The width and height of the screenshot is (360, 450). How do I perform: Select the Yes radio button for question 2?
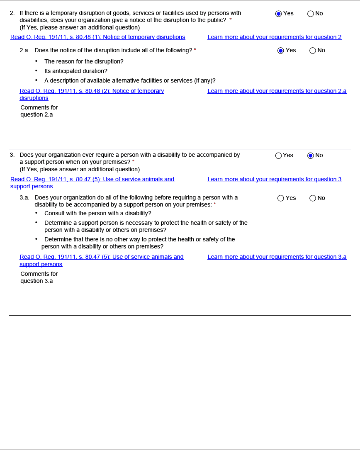pyautogui.click(x=279, y=14)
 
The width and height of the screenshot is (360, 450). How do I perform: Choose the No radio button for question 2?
pyautogui.click(x=311, y=14)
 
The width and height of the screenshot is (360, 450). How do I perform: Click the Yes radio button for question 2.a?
pyautogui.click(x=281, y=50)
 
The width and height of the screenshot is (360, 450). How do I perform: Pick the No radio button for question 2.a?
pyautogui.click(x=313, y=50)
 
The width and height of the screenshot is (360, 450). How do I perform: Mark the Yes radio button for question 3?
pyautogui.click(x=279, y=156)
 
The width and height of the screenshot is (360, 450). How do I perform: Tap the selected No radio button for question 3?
pyautogui.click(x=311, y=156)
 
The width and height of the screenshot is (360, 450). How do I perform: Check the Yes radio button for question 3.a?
pyautogui.click(x=281, y=198)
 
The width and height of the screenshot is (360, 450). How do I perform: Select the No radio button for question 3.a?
pyautogui.click(x=313, y=198)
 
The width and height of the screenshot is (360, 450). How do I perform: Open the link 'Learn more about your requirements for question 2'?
pyautogui.click(x=274, y=37)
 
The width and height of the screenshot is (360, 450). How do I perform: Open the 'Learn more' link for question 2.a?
pyautogui.click(x=277, y=91)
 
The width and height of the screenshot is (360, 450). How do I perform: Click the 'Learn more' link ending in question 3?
pyautogui.click(x=274, y=179)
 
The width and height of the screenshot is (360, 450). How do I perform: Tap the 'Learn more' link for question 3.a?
pyautogui.click(x=277, y=257)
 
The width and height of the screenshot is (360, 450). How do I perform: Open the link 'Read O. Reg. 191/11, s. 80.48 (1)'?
pyautogui.click(x=98, y=37)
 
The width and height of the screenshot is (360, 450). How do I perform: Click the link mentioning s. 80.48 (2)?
pyautogui.click(x=92, y=91)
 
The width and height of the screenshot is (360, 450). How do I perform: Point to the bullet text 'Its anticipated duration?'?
pyautogui.click(x=76, y=71)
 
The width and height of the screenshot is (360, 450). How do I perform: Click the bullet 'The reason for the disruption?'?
pyautogui.click(x=84, y=62)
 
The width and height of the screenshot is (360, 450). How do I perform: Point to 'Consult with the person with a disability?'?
pyautogui.click(x=98, y=213)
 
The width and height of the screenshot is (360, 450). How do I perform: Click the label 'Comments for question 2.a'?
pyautogui.click(x=39, y=111)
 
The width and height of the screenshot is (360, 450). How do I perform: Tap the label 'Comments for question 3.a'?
pyautogui.click(x=39, y=277)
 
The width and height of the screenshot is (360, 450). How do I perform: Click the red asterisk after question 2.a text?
pyautogui.click(x=195, y=50)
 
